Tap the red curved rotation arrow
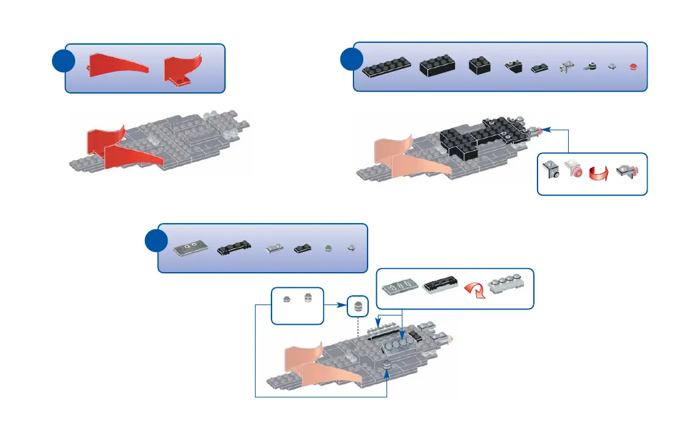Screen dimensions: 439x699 (x=599, y=172)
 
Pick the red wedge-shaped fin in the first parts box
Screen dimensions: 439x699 (x=119, y=65)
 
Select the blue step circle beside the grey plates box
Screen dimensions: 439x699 (x=158, y=242)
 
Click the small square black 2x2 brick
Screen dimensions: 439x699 (x=479, y=66)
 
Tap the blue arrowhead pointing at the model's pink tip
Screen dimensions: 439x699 (x=546, y=130)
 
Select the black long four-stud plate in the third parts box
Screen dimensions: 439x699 (x=234, y=248)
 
